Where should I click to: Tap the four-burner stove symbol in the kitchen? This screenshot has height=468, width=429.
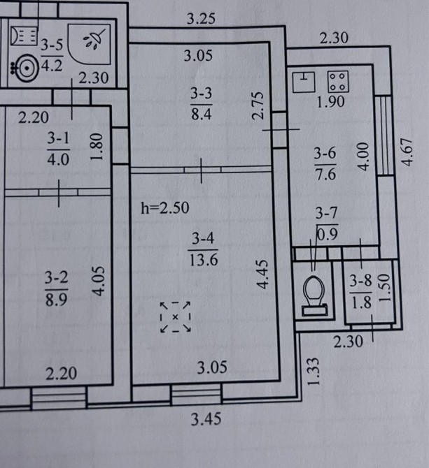click(x=338, y=82)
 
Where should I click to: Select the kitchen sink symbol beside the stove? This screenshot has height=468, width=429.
click(x=304, y=82)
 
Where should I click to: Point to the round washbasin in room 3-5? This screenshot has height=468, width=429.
click(x=27, y=68)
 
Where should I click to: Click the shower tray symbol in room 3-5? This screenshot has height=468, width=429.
click(x=89, y=44)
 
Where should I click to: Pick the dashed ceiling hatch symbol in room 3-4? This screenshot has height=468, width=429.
click(x=176, y=316)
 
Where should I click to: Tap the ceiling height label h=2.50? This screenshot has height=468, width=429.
click(x=165, y=207)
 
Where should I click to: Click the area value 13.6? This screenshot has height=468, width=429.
click(x=204, y=259)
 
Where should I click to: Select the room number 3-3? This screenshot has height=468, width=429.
click(x=202, y=93)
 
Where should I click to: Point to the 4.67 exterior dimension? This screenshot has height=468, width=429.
click(x=407, y=152)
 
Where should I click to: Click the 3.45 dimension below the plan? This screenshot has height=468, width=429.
click(x=206, y=418)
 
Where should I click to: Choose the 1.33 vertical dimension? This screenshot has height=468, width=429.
click(x=314, y=372)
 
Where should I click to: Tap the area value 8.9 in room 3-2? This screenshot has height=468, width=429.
click(x=56, y=300)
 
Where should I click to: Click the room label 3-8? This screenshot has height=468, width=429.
click(x=361, y=281)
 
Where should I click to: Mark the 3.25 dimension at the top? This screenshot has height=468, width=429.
click(x=201, y=18)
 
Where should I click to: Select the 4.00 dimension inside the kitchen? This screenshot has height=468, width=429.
click(x=363, y=156)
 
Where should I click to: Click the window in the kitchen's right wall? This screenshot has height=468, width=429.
click(x=384, y=136)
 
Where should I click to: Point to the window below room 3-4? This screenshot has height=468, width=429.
click(x=196, y=394)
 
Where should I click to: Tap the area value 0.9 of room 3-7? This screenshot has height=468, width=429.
click(x=327, y=235)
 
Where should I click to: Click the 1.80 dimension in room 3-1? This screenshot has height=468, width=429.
click(x=97, y=147)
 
